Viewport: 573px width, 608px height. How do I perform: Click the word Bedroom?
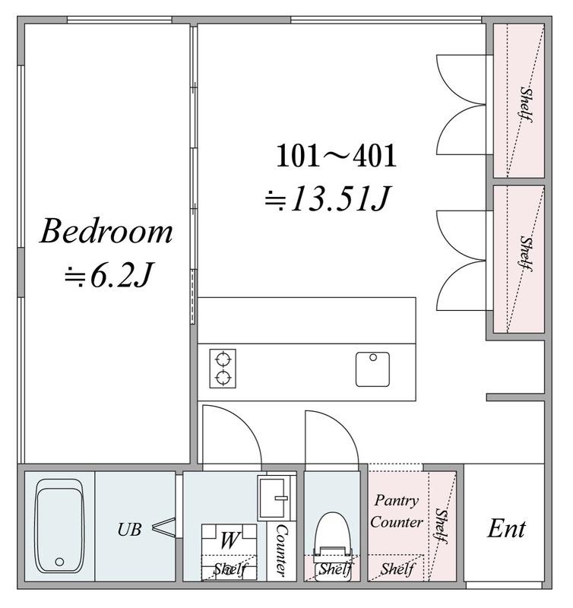click(106, 231)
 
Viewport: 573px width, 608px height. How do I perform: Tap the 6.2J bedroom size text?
click(109, 276)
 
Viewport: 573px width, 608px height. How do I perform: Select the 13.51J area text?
click(328, 199)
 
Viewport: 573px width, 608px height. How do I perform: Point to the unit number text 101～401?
click(337, 156)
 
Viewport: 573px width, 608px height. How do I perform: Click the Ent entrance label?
click(506, 528)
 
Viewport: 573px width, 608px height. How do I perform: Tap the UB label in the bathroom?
click(129, 530)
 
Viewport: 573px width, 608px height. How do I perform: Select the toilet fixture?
click(333, 545)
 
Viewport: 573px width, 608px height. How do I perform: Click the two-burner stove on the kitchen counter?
click(223, 369)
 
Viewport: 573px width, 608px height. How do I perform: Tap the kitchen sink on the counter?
click(372, 369)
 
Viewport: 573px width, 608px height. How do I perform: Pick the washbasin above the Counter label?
click(275, 499)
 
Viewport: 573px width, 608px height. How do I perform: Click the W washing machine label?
click(230, 540)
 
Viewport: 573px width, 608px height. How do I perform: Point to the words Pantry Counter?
click(396, 511)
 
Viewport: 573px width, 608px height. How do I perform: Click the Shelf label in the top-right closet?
click(526, 104)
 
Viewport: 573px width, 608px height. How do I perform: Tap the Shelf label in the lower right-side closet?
click(526, 253)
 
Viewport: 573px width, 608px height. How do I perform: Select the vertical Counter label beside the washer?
click(282, 549)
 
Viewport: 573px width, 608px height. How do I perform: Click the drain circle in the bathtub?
click(59, 562)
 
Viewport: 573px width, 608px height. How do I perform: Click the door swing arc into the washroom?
click(244, 422)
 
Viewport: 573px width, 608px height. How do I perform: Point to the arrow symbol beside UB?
click(163, 527)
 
